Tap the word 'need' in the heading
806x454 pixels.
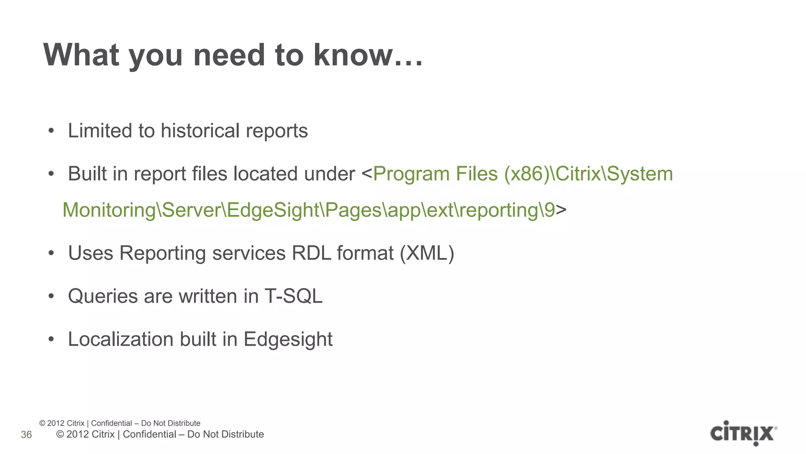coord(229,55)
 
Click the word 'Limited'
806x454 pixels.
coord(100,130)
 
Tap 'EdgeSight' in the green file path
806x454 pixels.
coord(273,210)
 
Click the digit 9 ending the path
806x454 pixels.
coord(549,210)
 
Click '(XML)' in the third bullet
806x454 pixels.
coord(427,253)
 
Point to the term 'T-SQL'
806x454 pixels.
coord(293,296)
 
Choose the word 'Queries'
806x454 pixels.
coord(103,296)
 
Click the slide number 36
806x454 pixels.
coord(26,435)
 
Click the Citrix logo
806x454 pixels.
coord(743,433)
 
